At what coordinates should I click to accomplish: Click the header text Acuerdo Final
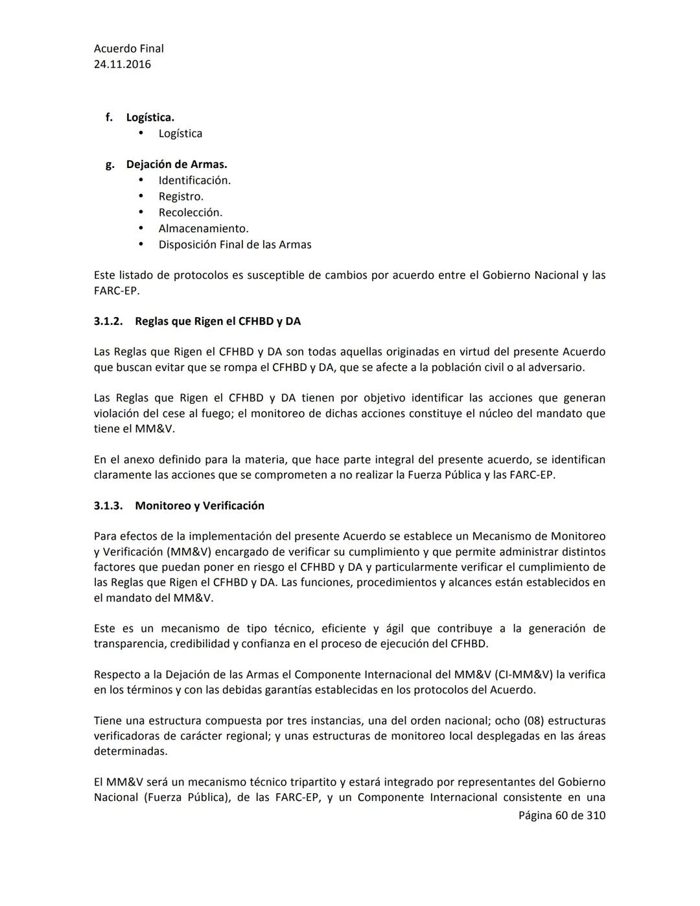[x=128, y=49]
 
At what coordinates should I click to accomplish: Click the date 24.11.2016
[x=122, y=64]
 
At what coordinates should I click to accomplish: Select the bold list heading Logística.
[x=150, y=117]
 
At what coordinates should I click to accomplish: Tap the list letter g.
[x=110, y=165]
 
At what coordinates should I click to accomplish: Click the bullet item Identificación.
[x=194, y=180]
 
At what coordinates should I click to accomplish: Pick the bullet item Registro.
[x=181, y=197]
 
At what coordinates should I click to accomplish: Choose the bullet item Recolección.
[x=190, y=213]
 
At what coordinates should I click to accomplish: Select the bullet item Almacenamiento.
[x=204, y=228]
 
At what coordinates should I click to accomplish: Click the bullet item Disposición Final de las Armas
[x=235, y=244]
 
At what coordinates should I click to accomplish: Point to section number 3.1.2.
[x=108, y=321]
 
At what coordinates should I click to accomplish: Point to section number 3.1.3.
[x=108, y=506]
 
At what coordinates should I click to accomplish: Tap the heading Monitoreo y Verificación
[x=200, y=506]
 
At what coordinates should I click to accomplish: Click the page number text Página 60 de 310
[x=561, y=815]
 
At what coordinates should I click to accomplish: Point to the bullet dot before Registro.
[x=141, y=196]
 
